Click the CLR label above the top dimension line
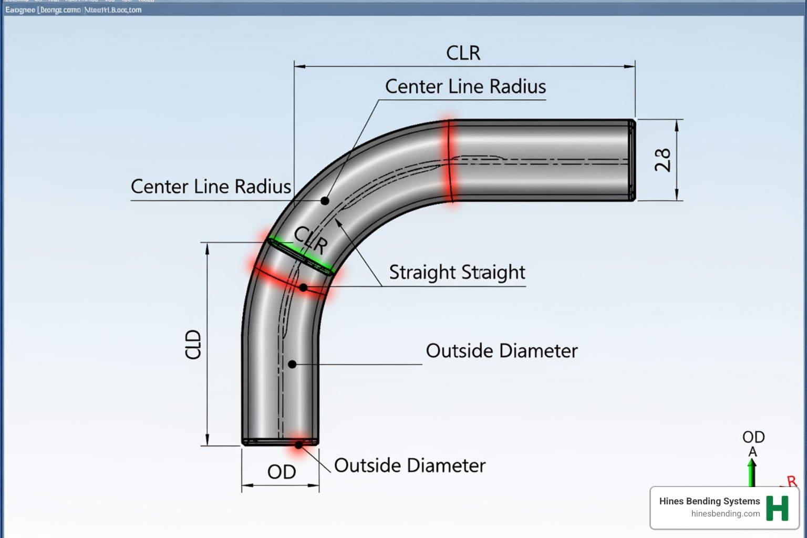[463, 53]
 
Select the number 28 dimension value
[663, 160]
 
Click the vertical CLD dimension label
[193, 344]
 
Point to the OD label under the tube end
[282, 472]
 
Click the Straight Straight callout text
[457, 272]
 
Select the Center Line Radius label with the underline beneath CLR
[465, 87]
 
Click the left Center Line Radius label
[211, 187]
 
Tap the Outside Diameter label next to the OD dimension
[410, 465]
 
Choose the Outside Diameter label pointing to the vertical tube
[501, 351]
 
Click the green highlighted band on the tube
[301, 256]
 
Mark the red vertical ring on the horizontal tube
[450, 160]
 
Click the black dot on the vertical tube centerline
[293, 364]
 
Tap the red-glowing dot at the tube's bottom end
[298, 444]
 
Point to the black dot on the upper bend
[325, 201]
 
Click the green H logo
[777, 508]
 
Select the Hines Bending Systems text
[709, 501]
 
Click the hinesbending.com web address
[725, 514]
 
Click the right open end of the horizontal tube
[632, 160]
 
